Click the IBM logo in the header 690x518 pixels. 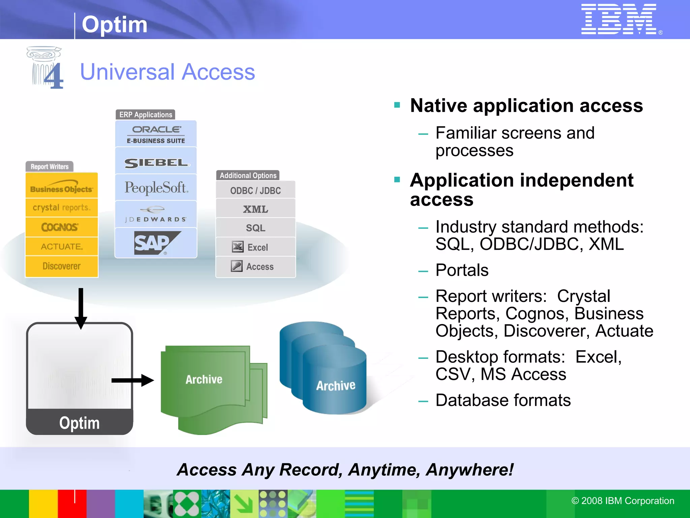619,19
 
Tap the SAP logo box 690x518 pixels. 156,243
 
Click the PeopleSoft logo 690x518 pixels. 156,188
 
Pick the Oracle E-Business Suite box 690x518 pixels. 156,134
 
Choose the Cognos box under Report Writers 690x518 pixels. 62,227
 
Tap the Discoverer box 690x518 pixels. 62,266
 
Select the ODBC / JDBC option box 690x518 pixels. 255,191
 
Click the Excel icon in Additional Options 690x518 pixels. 238,247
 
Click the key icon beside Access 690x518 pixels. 237,266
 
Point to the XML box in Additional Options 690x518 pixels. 255,209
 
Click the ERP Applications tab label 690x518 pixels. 146,115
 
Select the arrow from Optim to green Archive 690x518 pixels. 132,380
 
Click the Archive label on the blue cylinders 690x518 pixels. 336,385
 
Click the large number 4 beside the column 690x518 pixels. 54,76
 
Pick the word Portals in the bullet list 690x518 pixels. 462,270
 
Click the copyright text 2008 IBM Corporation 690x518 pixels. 623,501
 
